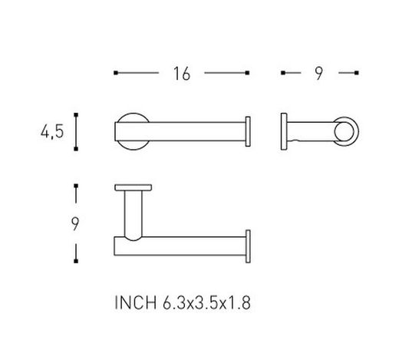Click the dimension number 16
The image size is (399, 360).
tap(182, 74)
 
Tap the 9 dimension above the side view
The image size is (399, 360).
tap(318, 74)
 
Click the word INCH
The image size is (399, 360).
tap(137, 304)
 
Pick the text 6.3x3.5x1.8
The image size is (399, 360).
tap(206, 304)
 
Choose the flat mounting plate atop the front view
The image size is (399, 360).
tap(134, 189)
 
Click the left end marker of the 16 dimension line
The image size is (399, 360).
tap(115, 74)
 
